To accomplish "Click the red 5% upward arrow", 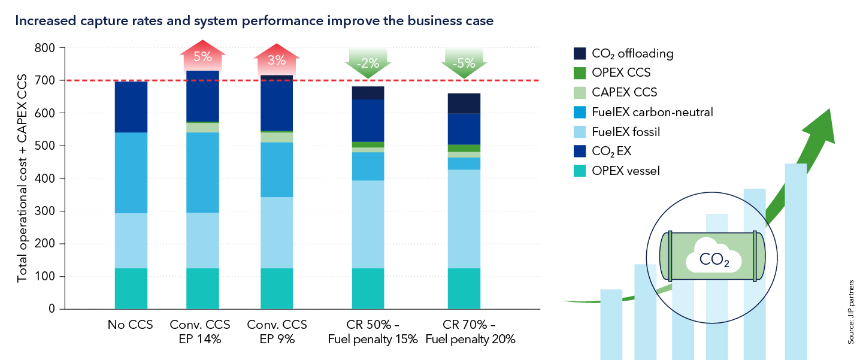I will [202, 57].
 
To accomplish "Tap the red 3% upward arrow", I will [277, 59].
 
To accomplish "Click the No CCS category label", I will [131, 325].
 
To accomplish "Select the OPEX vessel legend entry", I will [625, 171].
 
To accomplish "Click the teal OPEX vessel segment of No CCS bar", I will [131, 288].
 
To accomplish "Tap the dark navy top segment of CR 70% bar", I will [464, 103].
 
